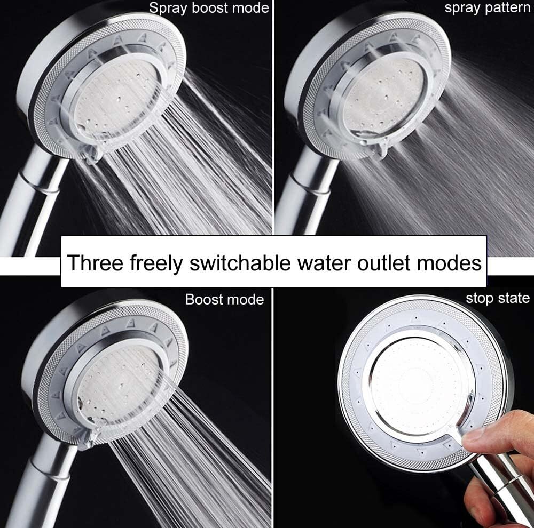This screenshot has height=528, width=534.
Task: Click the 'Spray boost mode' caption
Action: (209, 8)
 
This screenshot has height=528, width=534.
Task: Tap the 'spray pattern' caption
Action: (488, 8)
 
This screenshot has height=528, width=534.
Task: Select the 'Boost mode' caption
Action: (224, 299)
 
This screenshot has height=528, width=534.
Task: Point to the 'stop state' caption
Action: (498, 298)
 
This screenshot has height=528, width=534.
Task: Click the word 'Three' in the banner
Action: (95, 262)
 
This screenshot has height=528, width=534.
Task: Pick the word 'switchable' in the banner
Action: (240, 262)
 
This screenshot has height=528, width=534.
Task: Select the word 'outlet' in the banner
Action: (383, 263)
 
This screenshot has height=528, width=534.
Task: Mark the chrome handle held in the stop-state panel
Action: (504, 486)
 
